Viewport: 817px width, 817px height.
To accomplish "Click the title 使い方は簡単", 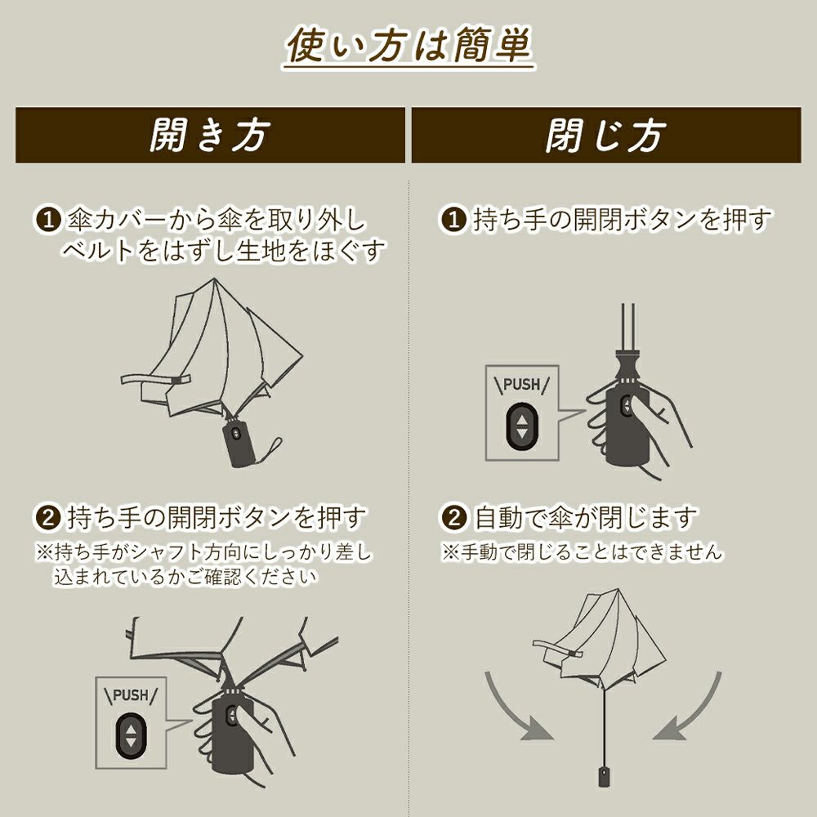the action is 408,46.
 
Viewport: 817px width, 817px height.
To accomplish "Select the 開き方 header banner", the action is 210,135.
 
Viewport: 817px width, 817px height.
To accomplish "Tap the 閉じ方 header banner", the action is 606,135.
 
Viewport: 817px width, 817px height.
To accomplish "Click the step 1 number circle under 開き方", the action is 48,220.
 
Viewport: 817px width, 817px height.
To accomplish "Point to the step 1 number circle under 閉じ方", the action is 453,219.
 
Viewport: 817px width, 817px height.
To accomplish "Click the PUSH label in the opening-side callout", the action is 130,695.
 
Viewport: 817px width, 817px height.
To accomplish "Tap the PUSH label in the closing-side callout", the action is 521,385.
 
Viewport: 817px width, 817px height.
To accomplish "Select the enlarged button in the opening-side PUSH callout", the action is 131,736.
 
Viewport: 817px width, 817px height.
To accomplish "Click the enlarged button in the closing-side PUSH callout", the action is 521,426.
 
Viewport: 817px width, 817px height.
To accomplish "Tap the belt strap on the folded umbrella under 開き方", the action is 155,379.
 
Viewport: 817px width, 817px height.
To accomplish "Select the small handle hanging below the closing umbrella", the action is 604,775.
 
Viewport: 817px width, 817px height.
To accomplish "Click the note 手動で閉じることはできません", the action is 582,551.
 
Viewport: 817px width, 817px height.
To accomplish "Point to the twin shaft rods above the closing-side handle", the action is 627,328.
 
